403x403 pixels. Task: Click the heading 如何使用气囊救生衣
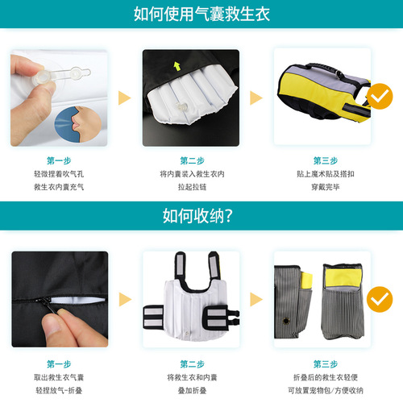tap(201, 14)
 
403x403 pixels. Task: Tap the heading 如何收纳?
tap(201, 216)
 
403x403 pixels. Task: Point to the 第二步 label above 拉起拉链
tap(192, 160)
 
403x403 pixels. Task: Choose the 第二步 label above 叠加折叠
tap(192, 363)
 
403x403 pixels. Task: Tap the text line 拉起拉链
tap(192, 186)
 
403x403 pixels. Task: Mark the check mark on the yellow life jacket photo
tap(375, 98)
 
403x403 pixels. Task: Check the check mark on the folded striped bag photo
tap(375, 301)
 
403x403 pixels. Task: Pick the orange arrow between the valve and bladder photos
tap(125, 98)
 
